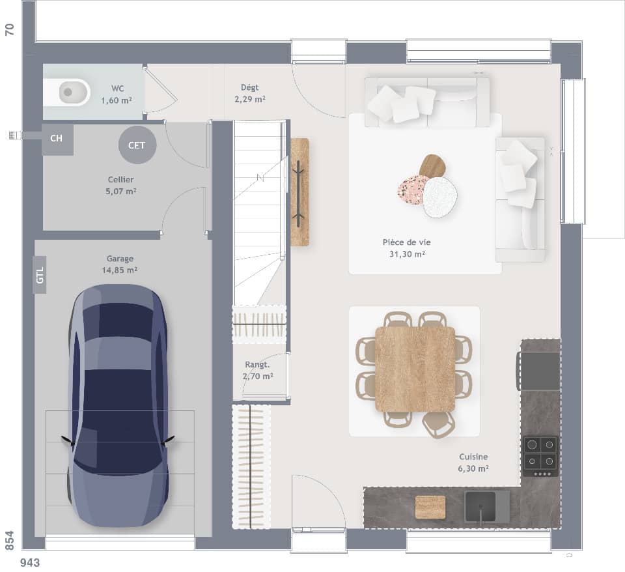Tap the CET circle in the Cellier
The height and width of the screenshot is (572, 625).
tap(137, 145)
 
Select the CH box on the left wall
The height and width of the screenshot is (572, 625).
tap(57, 139)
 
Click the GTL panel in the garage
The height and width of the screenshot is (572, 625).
tap(40, 275)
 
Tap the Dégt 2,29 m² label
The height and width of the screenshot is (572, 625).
tap(249, 93)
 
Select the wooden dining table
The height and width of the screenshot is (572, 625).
tap(415, 369)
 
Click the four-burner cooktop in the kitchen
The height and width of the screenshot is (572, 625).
tap(540, 454)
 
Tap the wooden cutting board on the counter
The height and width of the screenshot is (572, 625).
tap(430, 506)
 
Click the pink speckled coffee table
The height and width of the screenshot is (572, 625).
tap(413, 190)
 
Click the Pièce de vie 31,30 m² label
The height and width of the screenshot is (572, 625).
tap(407, 248)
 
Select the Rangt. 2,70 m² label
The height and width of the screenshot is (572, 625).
tap(258, 370)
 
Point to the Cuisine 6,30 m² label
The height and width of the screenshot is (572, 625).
tap(473, 463)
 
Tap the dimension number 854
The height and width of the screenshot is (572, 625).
tap(9, 540)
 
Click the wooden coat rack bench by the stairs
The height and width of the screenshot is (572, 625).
tap(299, 192)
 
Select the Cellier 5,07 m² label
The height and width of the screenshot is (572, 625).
tap(122, 185)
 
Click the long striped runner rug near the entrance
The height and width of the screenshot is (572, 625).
tap(251, 466)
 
